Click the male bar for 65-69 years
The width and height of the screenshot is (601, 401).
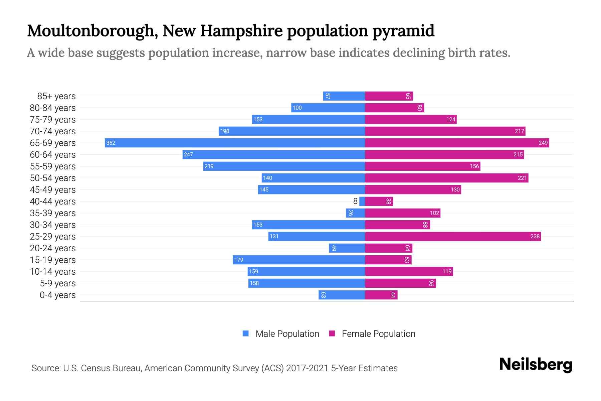pyautogui.click(x=235, y=143)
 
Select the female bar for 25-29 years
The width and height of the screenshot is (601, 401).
pyautogui.click(x=453, y=236)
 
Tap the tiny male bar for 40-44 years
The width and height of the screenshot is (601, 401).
pyautogui.click(x=362, y=201)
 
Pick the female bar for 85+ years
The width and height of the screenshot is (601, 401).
pyautogui.click(x=389, y=96)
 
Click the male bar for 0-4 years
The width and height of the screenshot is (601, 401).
pyautogui.click(x=342, y=295)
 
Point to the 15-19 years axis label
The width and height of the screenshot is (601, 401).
pyautogui.click(x=53, y=260)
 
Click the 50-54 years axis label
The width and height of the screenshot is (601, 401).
pyautogui.click(x=53, y=178)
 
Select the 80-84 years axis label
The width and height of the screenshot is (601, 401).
pyautogui.click(x=53, y=108)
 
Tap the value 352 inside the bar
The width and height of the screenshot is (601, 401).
pyautogui.click(x=111, y=143)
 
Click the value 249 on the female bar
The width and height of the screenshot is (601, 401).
pyautogui.click(x=543, y=143)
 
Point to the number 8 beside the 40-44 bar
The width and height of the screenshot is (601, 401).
pyautogui.click(x=355, y=201)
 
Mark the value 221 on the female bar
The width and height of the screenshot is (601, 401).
pyautogui.click(x=522, y=178)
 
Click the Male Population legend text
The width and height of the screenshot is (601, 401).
pyautogui.click(x=287, y=333)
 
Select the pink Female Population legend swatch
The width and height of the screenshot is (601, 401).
pyautogui.click(x=332, y=333)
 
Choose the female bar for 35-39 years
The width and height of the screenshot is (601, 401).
pyautogui.click(x=403, y=213)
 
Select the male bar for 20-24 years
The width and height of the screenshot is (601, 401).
pyautogui.click(x=347, y=248)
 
